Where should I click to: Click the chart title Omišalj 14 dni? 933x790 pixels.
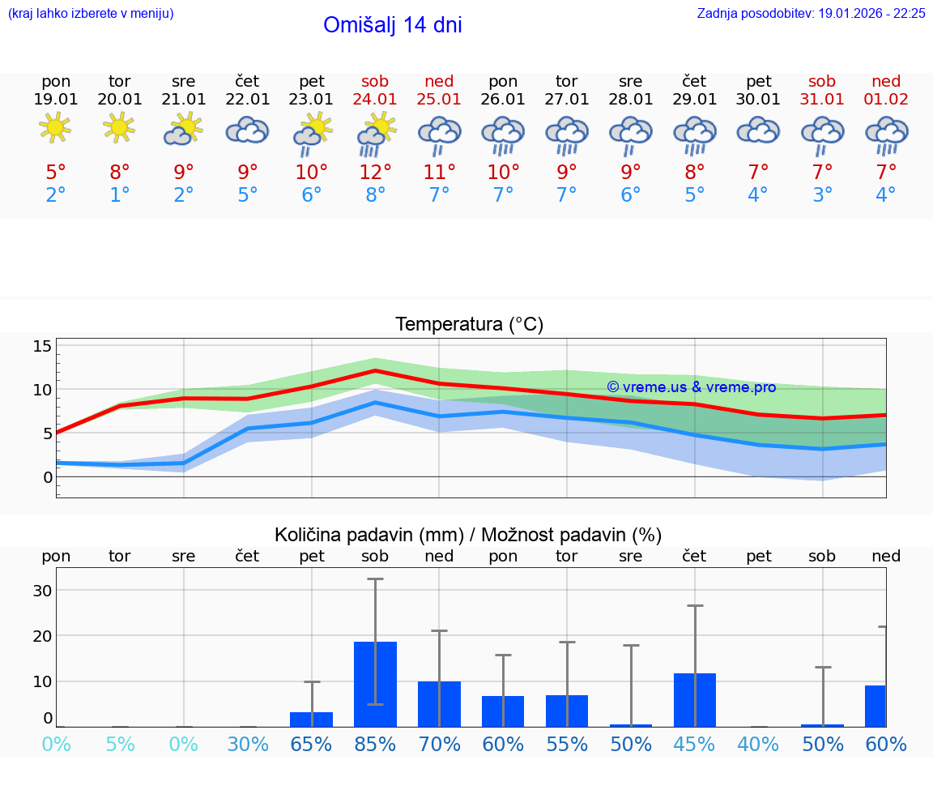point(392,25)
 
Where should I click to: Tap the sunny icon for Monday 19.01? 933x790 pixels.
point(55,127)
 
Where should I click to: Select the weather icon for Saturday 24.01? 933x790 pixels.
point(376,133)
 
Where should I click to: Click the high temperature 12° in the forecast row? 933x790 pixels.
point(376,173)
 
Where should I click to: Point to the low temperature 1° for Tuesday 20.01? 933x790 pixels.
point(120,195)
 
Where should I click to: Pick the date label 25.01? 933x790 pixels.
point(439,100)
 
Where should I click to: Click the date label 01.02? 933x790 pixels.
point(886,100)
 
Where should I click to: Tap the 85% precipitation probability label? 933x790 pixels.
point(376,745)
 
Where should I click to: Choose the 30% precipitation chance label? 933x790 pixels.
point(248,745)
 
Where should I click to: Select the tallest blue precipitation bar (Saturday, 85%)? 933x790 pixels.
point(376,685)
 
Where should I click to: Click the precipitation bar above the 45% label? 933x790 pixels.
point(695,700)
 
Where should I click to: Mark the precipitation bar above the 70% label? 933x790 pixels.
point(439,704)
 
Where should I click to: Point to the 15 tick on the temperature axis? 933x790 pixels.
point(42,347)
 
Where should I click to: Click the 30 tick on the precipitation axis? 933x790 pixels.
point(42,591)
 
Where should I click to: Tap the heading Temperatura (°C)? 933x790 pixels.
point(469,325)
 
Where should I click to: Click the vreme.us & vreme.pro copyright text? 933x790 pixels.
point(692,387)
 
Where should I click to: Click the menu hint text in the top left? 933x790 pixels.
point(91,14)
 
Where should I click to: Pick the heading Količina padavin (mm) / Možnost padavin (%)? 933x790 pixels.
point(468,535)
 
